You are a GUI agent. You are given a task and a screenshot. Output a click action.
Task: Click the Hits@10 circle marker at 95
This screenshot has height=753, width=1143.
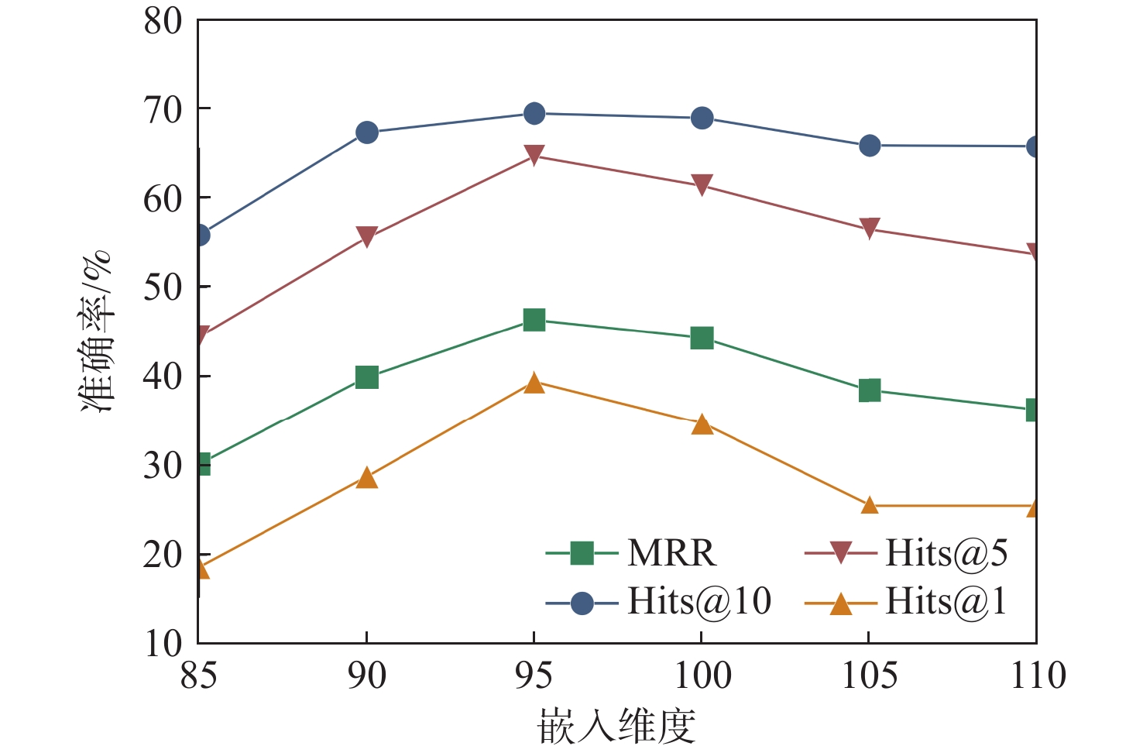[x=534, y=114]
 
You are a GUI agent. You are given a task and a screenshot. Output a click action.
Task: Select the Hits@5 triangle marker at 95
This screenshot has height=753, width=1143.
[x=534, y=155]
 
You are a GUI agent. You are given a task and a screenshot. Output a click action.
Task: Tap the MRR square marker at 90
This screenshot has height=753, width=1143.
[x=366, y=377]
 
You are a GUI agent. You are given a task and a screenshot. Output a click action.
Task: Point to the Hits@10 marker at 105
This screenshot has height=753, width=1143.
[x=870, y=146]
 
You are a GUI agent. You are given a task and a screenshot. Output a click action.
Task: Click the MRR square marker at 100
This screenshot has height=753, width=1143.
[x=702, y=338]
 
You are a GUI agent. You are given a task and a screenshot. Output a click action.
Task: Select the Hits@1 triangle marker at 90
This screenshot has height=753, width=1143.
[x=366, y=478]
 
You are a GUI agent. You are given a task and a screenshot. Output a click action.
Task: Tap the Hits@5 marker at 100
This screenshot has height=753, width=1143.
[x=702, y=185]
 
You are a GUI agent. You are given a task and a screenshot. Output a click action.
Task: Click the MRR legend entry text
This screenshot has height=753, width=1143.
[x=671, y=553]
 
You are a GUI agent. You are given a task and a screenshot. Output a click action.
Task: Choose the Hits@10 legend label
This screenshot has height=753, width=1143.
[x=698, y=602]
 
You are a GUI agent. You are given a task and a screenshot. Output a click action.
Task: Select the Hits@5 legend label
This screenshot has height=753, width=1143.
[x=946, y=553]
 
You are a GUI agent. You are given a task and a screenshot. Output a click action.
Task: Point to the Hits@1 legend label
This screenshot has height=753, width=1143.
[x=946, y=602]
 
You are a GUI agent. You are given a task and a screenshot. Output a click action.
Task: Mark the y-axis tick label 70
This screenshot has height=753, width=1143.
[x=163, y=110]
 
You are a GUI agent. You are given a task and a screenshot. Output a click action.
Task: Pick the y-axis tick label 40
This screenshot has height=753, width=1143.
[x=163, y=377]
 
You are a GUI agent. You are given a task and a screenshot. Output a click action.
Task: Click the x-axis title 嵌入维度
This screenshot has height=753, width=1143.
[x=616, y=726]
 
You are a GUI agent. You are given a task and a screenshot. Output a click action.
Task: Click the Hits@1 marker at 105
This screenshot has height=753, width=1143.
[x=870, y=506]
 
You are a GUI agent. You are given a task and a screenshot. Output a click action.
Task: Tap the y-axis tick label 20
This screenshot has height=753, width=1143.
[x=163, y=555]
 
